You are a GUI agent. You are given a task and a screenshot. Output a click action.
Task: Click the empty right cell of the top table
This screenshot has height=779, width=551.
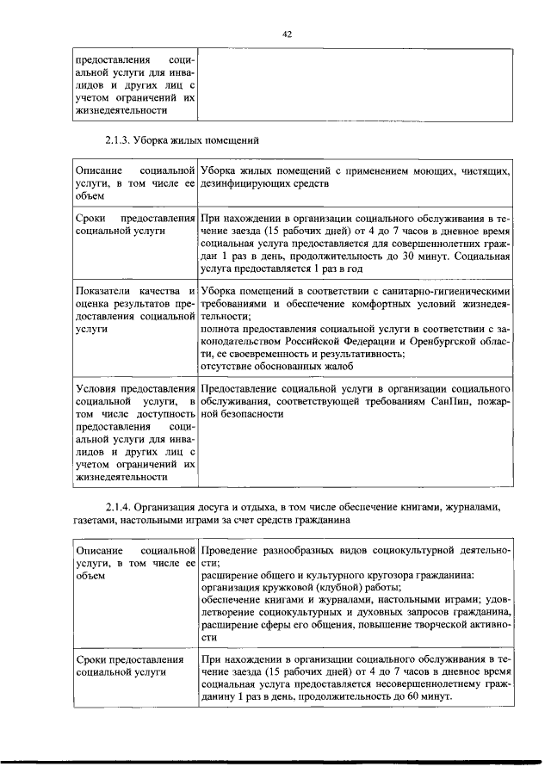click(355, 86)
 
